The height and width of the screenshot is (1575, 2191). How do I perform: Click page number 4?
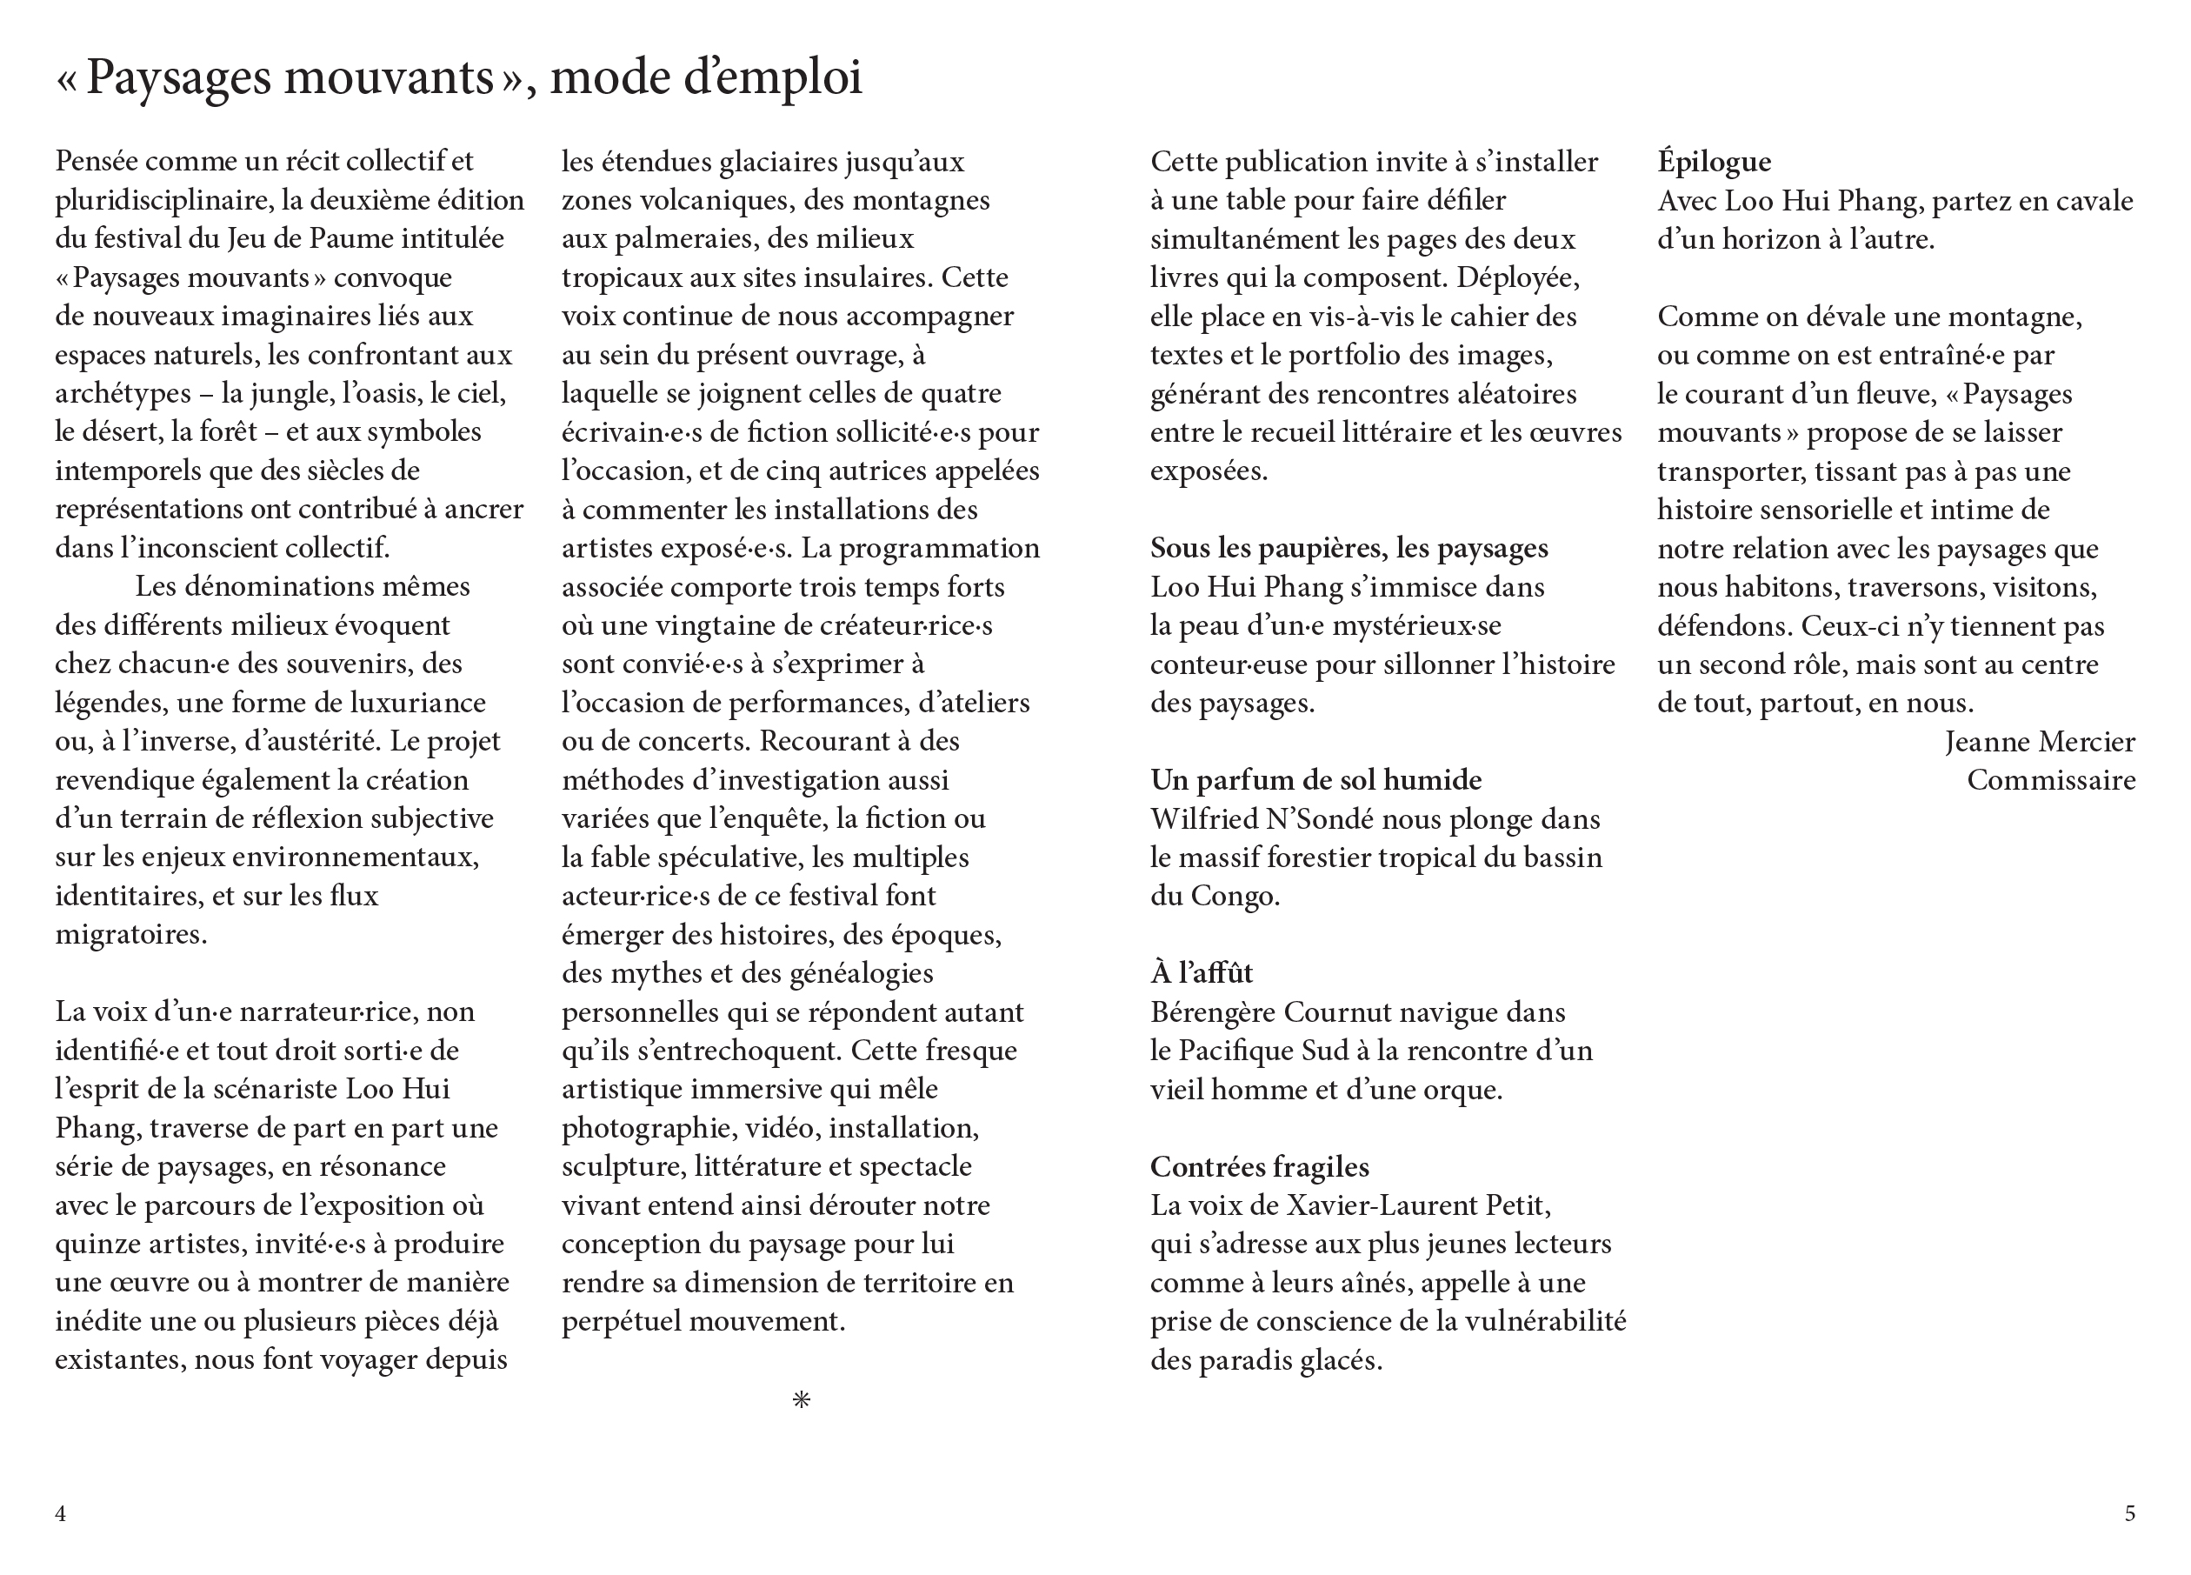pos(61,1513)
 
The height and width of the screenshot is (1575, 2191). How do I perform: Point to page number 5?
pos(2129,1513)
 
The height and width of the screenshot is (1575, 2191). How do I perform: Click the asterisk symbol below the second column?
pos(801,1399)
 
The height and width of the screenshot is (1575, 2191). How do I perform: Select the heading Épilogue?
pos(1714,162)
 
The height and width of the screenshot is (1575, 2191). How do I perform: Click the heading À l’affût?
pos(1201,973)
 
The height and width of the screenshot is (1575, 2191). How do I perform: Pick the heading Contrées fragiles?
pos(1259,1167)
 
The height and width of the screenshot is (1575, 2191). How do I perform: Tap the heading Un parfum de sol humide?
pos(1315,780)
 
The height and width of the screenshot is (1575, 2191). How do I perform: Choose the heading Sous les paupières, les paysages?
pos(1349,548)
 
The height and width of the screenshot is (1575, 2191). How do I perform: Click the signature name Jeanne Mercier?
pos(2040,741)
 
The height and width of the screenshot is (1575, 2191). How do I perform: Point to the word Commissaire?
pos(2051,780)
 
